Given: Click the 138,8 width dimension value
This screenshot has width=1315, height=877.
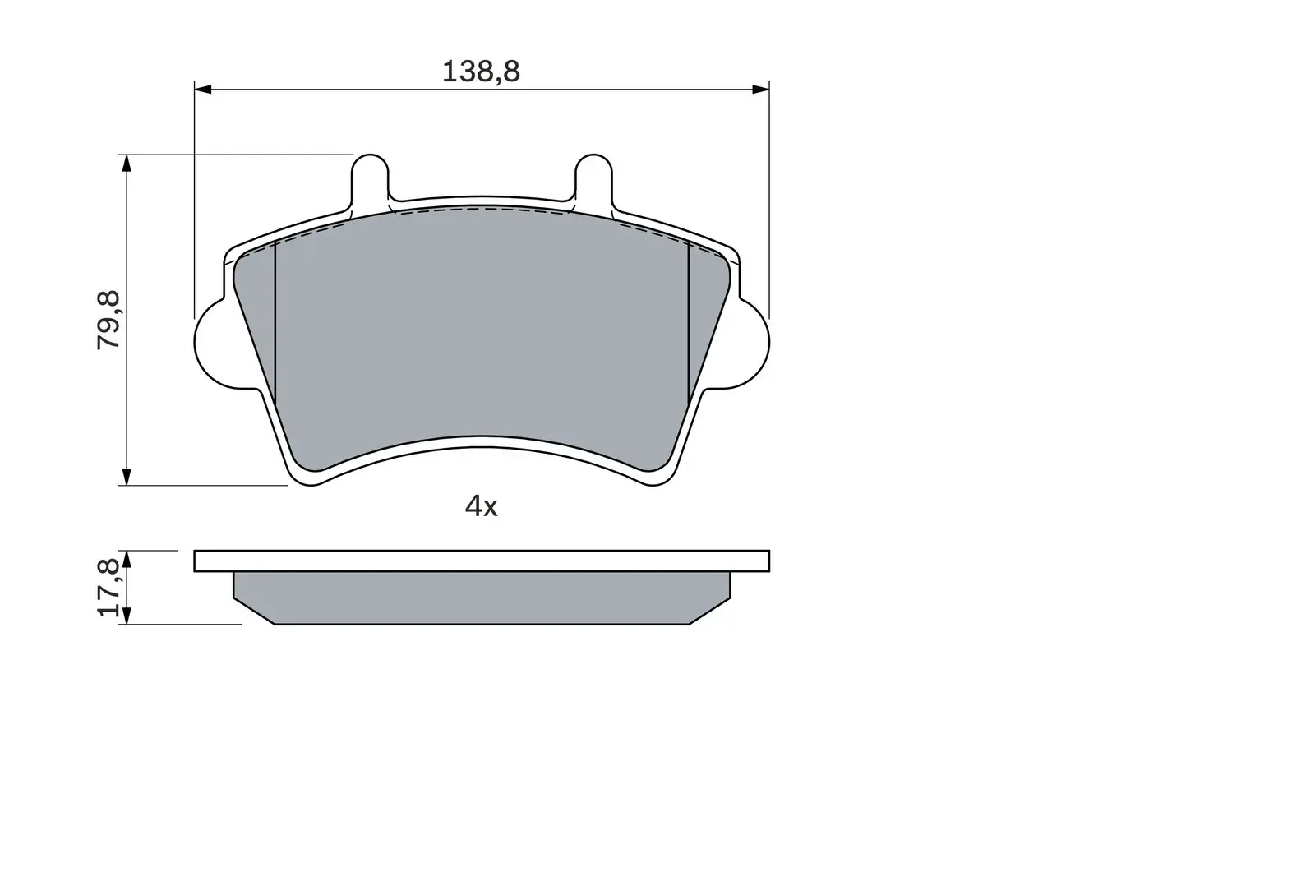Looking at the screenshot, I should point(481,72).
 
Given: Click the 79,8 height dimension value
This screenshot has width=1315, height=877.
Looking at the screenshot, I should point(110,320).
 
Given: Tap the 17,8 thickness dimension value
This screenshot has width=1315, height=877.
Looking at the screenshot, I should point(110,588).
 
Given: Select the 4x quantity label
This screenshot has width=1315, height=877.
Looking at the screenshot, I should point(482,506).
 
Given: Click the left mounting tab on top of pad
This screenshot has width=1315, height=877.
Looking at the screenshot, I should point(370,177).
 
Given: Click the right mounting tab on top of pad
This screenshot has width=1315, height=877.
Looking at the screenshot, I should point(593,177).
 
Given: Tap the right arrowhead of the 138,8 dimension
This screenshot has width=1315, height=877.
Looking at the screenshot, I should point(761,88).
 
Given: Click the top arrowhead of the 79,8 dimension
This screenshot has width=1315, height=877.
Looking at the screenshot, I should point(126,163).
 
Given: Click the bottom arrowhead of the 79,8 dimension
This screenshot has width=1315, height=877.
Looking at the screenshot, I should point(126,477).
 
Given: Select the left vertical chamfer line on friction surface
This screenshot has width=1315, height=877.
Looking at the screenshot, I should point(275,329).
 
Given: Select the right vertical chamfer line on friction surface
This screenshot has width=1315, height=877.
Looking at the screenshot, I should point(687,329).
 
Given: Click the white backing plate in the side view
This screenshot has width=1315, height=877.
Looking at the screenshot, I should point(482,561).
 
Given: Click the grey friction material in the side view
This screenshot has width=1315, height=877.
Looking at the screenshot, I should point(482,598).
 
